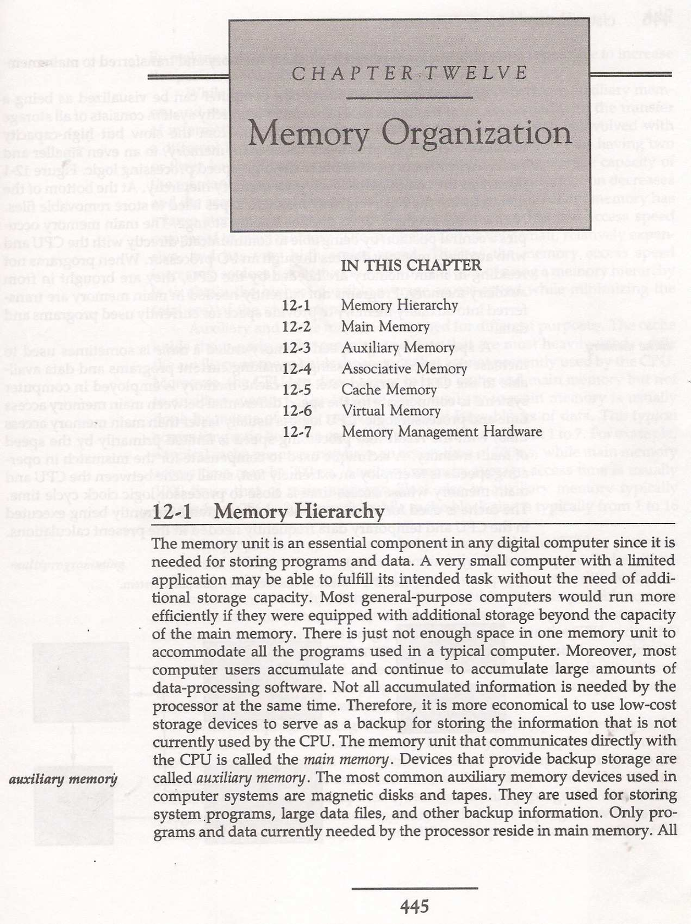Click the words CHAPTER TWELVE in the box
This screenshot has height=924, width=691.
(x=409, y=73)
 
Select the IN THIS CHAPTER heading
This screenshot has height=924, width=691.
(x=411, y=265)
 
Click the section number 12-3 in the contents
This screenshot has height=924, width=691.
(x=297, y=348)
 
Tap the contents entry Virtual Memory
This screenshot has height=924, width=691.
(x=390, y=411)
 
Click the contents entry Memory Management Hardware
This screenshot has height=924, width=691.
(x=441, y=432)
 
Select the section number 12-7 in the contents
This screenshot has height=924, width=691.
(x=297, y=432)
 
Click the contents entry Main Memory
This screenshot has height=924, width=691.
(x=385, y=327)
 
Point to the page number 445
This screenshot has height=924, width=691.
(x=415, y=907)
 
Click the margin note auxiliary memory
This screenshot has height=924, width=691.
(x=63, y=779)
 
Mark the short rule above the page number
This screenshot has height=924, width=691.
(x=415, y=888)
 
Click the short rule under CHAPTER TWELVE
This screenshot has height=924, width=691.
(x=409, y=99)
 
